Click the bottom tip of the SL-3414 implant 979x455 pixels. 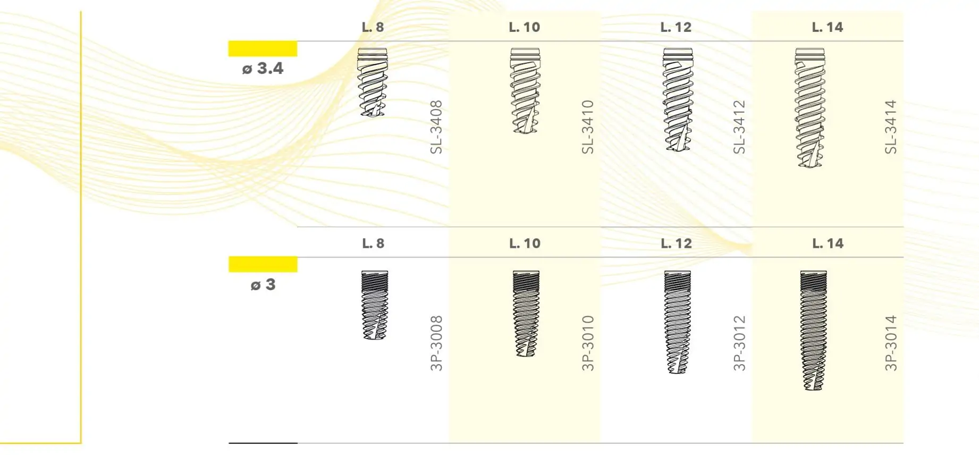point(809,168)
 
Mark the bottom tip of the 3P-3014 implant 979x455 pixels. point(813,391)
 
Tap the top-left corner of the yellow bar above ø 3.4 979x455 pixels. point(229,41)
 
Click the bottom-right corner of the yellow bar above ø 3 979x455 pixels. point(297,272)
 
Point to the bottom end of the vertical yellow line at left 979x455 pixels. point(81,443)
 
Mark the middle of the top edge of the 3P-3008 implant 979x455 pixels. point(375,271)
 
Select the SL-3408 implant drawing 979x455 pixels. point(373,82)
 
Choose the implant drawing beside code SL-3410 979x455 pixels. point(525,90)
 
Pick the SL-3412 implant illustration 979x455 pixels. point(678,99)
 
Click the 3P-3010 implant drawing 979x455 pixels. point(526,314)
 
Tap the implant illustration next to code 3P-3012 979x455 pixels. point(678,322)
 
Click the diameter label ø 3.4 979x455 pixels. point(263,69)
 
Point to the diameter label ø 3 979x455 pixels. point(263,285)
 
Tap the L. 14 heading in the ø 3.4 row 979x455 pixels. point(828,27)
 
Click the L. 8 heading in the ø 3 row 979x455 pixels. point(373,243)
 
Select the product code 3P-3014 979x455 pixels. point(891,343)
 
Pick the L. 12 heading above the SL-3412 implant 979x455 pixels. point(676,27)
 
